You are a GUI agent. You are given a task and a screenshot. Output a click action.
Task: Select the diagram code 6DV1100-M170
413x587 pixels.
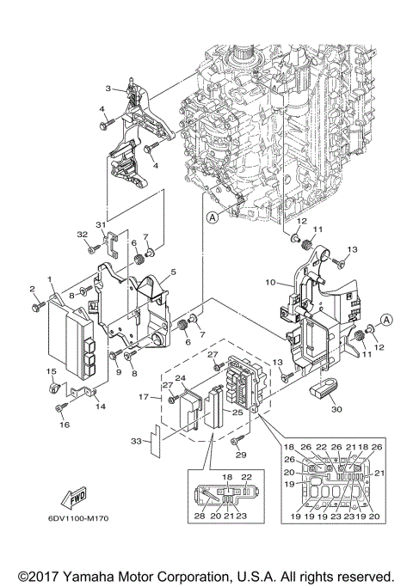[73, 519]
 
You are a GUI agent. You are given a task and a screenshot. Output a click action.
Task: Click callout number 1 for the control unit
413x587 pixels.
[50, 280]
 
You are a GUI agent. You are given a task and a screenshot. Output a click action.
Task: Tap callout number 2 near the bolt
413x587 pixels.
[33, 288]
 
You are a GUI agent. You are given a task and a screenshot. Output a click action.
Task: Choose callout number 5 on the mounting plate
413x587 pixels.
[173, 272]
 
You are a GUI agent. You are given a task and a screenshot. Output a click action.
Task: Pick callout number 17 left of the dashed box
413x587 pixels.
[145, 396]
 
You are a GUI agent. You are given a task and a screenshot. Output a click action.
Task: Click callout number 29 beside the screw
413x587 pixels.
[242, 455]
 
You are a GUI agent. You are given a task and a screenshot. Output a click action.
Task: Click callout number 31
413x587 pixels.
[101, 225]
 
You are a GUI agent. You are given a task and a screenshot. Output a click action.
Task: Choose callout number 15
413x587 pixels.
[50, 370]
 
